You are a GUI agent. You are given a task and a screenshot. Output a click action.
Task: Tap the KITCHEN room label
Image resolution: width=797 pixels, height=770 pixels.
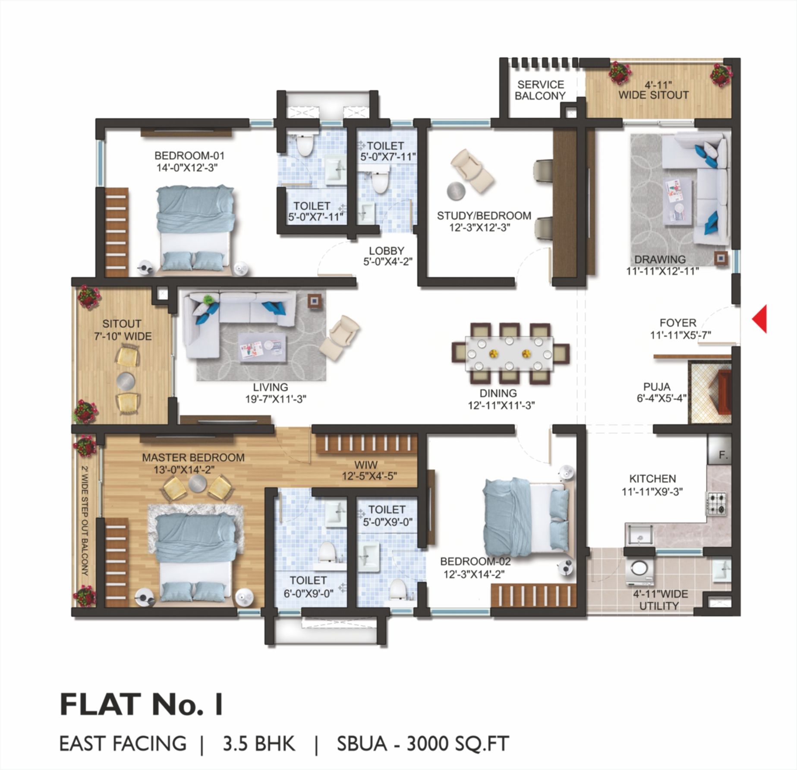click(652, 479)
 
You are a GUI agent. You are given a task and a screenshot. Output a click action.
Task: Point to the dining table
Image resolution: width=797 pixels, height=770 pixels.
click(509, 353)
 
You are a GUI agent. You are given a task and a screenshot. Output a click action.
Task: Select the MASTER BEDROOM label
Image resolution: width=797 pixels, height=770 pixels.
click(193, 458)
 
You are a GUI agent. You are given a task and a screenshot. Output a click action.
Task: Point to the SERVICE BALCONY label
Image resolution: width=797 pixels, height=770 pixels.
click(540, 90)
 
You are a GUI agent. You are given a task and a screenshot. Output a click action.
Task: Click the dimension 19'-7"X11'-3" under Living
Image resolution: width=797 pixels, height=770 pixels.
click(276, 399)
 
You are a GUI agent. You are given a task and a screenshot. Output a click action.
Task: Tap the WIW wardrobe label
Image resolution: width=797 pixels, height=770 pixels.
click(366, 465)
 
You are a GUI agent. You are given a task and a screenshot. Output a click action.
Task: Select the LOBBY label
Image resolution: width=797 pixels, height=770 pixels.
click(387, 250)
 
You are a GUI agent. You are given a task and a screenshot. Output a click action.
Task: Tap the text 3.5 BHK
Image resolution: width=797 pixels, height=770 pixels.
click(259, 744)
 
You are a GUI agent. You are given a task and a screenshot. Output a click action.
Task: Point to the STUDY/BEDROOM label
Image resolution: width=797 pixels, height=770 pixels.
click(484, 216)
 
